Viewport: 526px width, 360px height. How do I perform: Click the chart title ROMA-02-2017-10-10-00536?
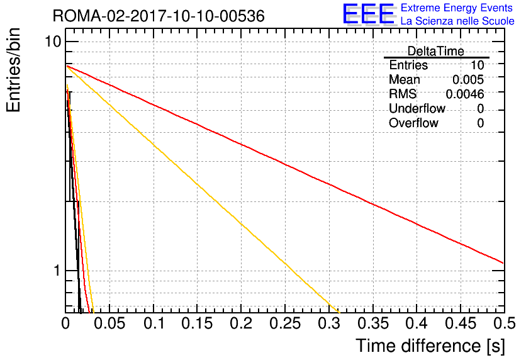coord(159,16)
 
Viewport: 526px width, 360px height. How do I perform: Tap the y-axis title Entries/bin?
coord(13,70)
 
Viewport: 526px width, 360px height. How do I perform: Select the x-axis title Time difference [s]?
coord(430,346)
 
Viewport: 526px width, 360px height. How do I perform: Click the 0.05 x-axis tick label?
coord(109,323)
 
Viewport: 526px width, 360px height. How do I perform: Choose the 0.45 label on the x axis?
coord(461,323)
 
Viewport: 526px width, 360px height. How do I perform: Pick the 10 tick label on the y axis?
coord(53,42)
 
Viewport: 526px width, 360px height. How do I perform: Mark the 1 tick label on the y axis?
coord(57,271)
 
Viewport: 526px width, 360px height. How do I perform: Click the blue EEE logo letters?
coord(369,14)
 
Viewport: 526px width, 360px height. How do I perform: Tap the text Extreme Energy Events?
coord(457,8)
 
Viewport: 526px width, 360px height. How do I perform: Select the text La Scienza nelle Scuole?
coord(457,21)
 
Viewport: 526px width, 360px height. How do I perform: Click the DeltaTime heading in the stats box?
coord(436,51)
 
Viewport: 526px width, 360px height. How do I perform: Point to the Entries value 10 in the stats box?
coord(477,65)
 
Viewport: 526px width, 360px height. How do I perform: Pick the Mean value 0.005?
coord(468,79)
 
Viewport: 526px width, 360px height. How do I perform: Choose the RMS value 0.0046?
coord(464,94)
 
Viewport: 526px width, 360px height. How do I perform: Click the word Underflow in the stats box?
coord(417,108)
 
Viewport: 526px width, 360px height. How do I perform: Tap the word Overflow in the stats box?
coord(413,123)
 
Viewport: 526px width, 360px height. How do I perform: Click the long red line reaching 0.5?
coord(285,164)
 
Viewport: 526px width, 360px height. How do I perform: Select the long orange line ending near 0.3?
coord(203,189)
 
